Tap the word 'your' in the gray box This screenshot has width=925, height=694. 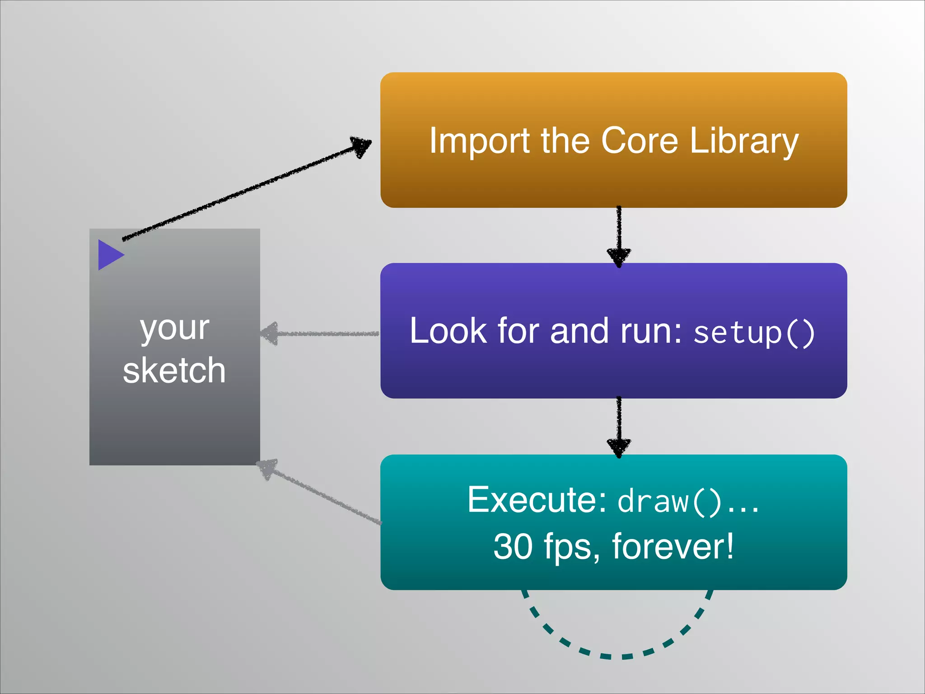[x=174, y=328]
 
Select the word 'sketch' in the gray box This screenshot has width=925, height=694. [x=174, y=370]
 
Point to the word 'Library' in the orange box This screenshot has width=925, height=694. [x=744, y=141]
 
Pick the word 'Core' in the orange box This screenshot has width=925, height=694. [x=640, y=141]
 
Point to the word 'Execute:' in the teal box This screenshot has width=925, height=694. [x=537, y=500]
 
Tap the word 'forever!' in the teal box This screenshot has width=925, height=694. [x=673, y=547]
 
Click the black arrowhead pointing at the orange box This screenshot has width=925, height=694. [x=360, y=146]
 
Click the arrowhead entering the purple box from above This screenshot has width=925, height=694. [x=619, y=257]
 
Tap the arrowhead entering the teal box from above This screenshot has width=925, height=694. [x=619, y=447]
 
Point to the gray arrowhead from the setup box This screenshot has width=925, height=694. [x=270, y=334]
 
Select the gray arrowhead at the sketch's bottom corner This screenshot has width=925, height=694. [x=267, y=469]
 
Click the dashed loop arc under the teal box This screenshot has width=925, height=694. [x=617, y=656]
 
